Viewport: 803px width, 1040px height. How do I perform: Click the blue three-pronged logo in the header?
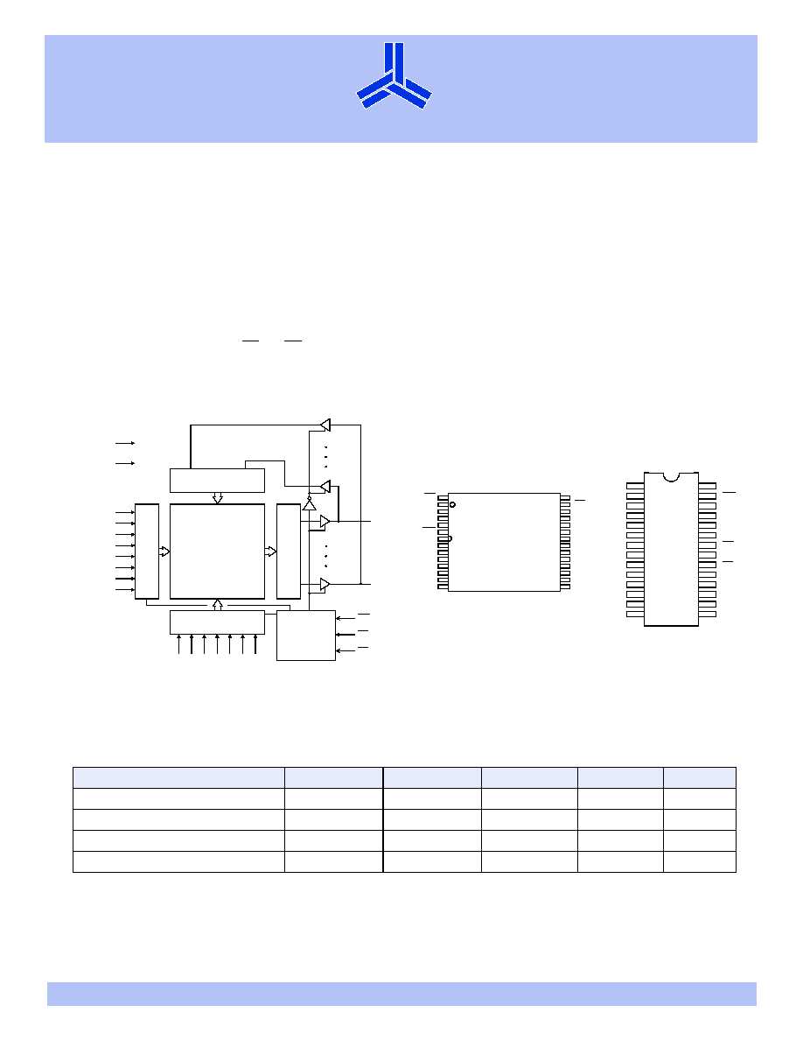pos(394,76)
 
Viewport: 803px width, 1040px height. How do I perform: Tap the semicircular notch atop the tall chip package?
pos(671,476)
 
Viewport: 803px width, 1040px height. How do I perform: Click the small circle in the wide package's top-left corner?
pos(452,503)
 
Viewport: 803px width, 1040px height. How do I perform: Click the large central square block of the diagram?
pos(217,551)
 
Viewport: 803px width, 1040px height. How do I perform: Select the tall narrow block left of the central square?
pos(147,551)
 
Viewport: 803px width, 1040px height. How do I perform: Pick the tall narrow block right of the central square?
pos(287,551)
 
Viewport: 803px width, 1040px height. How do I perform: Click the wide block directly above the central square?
pos(217,480)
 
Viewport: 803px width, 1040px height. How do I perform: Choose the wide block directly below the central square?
pos(217,622)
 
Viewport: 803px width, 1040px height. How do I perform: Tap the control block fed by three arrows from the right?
pos(305,635)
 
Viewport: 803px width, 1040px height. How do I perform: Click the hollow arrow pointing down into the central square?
pos(218,498)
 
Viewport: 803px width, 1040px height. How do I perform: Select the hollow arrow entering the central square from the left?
pos(164,551)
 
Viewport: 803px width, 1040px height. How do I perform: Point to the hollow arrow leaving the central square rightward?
pos(270,551)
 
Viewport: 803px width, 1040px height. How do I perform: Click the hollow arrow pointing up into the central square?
pos(218,604)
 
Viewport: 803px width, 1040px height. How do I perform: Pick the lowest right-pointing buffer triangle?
pos(324,584)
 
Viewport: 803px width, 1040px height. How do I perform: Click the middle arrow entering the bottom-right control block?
pos(346,634)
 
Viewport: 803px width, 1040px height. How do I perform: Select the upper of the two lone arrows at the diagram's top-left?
pos(125,444)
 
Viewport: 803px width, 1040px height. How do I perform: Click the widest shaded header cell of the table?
pos(178,777)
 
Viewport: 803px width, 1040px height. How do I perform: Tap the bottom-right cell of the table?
pos(699,861)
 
